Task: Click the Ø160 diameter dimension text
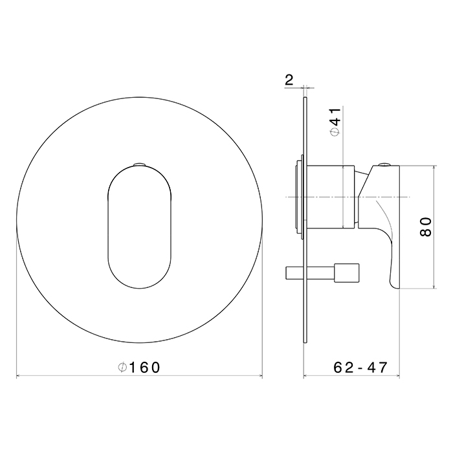click(139, 368)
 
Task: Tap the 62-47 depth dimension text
click(360, 368)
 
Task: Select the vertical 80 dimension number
click(425, 227)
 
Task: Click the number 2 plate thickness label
click(289, 80)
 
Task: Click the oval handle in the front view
click(140, 226)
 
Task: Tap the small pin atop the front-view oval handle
click(140, 164)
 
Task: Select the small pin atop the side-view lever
click(384, 164)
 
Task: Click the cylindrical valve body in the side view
click(331, 197)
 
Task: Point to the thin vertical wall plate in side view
click(305, 220)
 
